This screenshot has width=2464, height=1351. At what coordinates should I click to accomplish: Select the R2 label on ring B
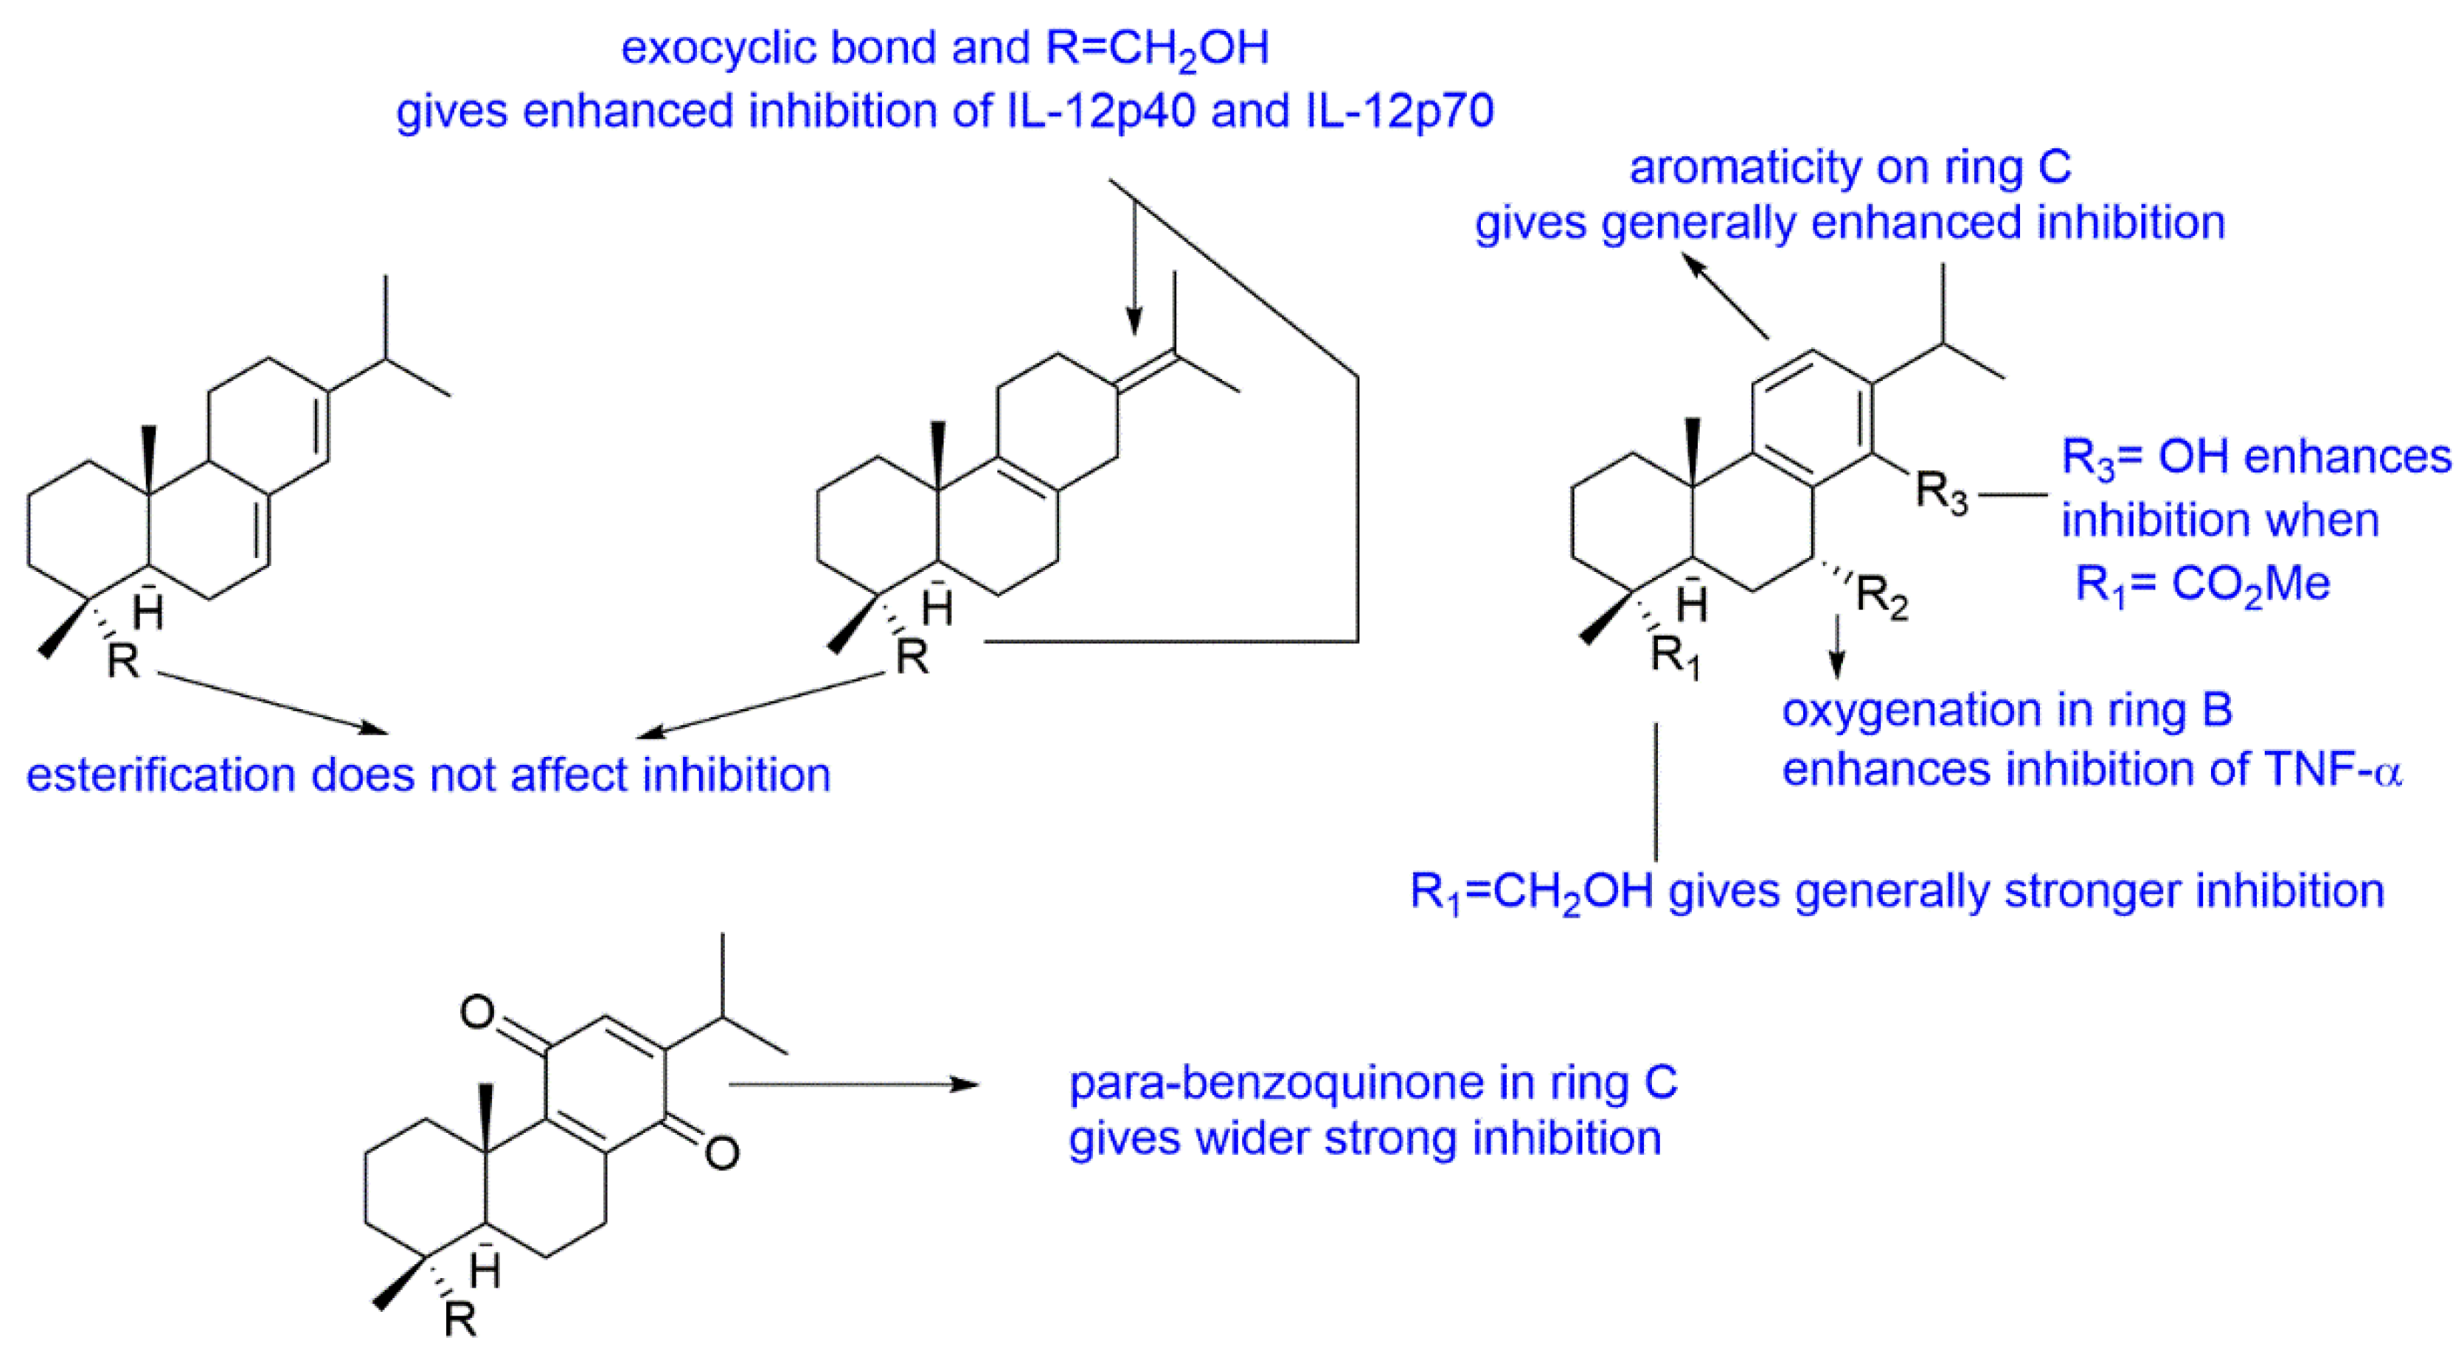click(x=1881, y=599)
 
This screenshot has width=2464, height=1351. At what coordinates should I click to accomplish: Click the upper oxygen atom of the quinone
click(x=477, y=1011)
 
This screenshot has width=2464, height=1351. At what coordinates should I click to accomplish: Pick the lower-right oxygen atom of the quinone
click(x=721, y=1152)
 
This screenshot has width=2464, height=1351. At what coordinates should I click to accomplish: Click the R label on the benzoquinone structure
click(x=460, y=1319)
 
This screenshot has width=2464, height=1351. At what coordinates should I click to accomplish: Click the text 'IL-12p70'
click(x=1398, y=111)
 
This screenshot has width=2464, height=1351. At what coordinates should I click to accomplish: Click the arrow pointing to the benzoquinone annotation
click(x=853, y=1084)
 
